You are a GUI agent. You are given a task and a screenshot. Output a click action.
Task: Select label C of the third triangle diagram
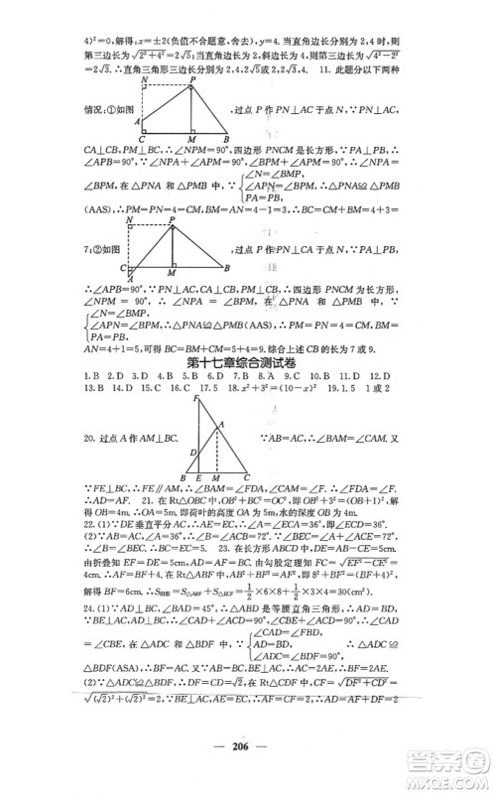[x=246, y=478]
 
